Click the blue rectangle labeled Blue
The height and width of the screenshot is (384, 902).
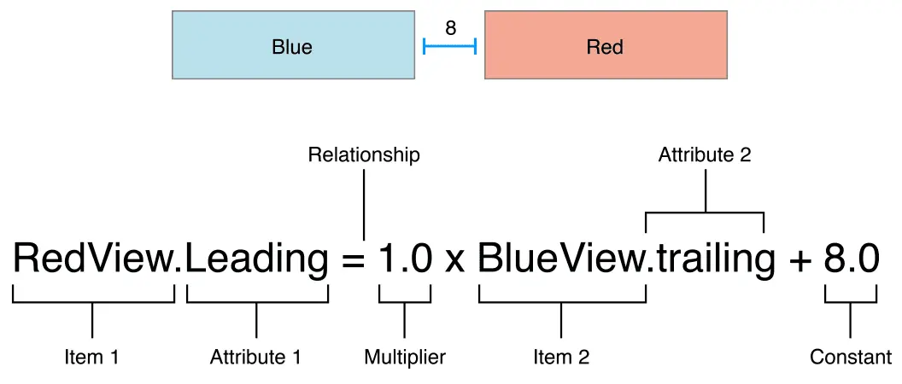click(293, 45)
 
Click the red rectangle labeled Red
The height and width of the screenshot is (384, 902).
click(606, 45)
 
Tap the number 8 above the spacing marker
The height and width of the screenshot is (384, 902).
click(450, 28)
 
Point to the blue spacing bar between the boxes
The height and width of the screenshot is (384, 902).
click(449, 46)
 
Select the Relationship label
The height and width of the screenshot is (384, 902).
click(364, 155)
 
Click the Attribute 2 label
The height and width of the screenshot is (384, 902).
click(705, 156)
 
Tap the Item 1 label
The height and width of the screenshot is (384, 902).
click(91, 357)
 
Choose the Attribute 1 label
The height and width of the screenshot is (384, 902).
click(255, 357)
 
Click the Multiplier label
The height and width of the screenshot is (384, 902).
click(405, 357)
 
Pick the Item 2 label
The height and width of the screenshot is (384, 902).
click(560, 357)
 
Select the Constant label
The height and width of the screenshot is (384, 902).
click(851, 357)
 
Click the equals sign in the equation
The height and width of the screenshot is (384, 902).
click(353, 259)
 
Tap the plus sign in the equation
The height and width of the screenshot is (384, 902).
click(800, 259)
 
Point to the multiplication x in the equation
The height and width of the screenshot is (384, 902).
click(454, 261)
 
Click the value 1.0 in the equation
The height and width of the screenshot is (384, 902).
click(405, 259)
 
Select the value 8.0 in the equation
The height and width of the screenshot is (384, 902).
click(852, 259)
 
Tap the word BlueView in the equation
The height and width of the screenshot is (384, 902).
click(559, 259)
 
